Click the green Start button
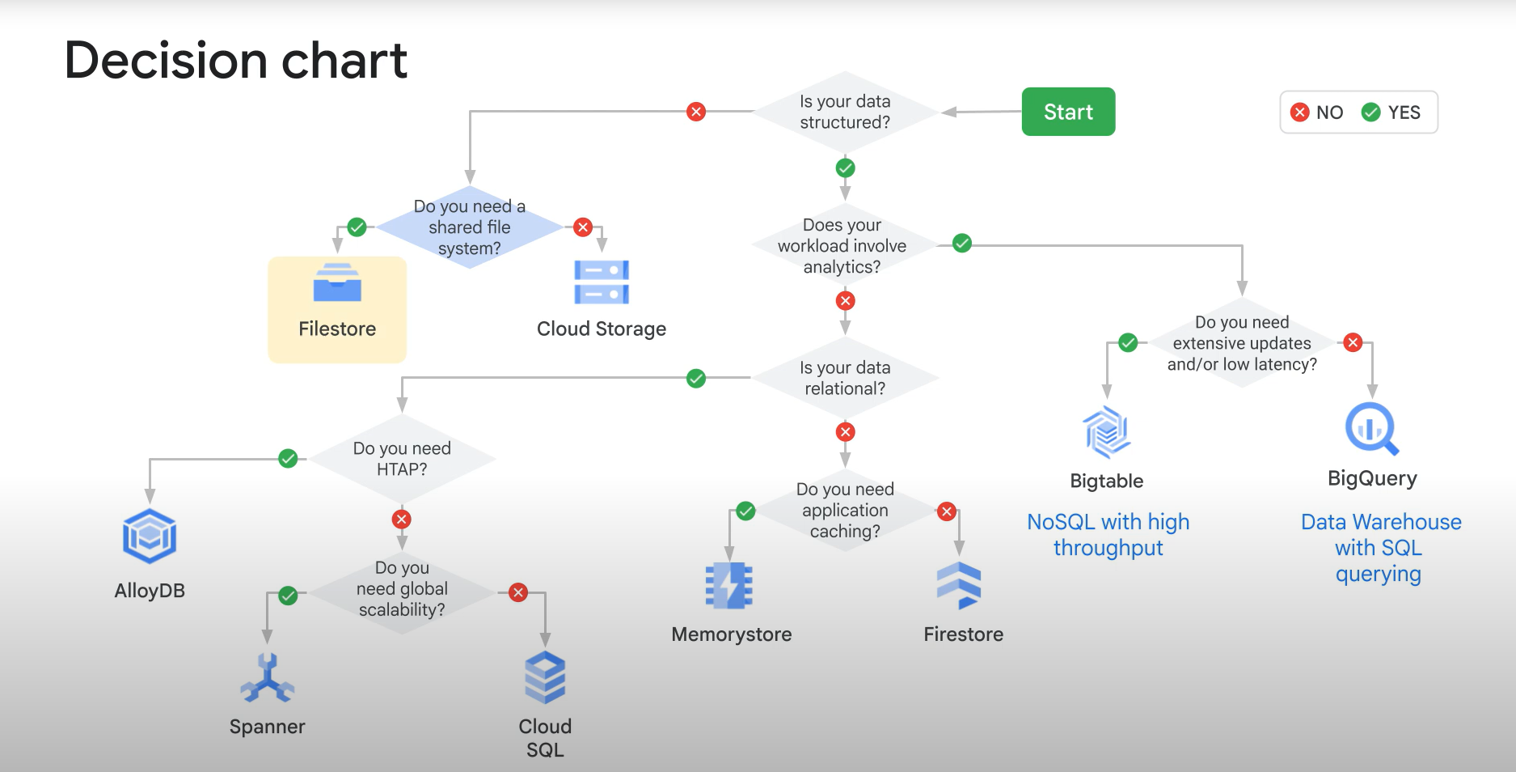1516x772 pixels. click(1067, 112)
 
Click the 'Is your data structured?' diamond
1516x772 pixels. click(845, 112)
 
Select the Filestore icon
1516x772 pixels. click(337, 282)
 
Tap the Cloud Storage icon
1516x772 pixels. click(602, 282)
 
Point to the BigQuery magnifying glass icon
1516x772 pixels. click(1371, 429)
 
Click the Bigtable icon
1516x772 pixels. click(1106, 432)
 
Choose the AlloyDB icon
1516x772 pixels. click(150, 536)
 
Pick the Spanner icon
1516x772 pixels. click(267, 678)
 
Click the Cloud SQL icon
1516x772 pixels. click(545, 677)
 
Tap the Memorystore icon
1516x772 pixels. click(729, 585)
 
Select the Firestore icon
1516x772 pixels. click(959, 585)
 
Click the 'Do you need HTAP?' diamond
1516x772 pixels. click(402, 459)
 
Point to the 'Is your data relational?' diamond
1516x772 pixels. click(845, 378)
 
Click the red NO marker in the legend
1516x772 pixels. click(1300, 112)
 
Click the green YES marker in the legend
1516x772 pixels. click(1370, 112)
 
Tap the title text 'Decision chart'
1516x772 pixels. click(235, 61)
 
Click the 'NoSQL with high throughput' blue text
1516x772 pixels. click(1108, 534)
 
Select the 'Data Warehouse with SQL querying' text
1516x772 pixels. click(1380, 547)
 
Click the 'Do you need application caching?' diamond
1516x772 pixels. click(845, 511)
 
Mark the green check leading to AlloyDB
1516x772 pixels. click(288, 459)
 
